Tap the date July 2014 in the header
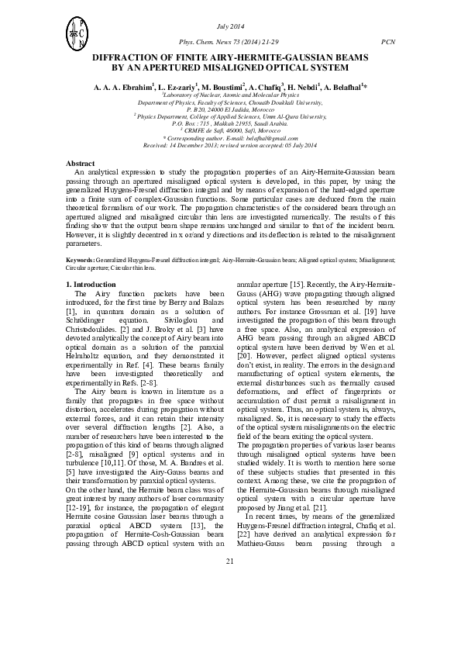pos(230,27)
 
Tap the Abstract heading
pos(80,164)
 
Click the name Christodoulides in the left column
pos(99,327)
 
